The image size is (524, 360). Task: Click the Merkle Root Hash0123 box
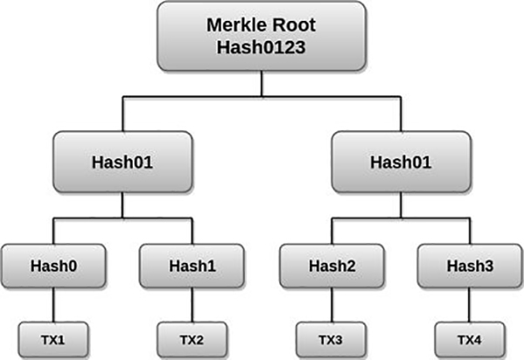click(262, 36)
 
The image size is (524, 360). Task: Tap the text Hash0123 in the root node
click(261, 47)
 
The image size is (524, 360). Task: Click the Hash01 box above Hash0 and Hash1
click(122, 162)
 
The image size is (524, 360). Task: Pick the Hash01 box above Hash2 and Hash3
click(401, 162)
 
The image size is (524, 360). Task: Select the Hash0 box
click(53, 267)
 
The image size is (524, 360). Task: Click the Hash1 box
click(192, 267)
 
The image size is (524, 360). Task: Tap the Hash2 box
click(332, 267)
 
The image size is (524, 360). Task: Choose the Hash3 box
click(470, 267)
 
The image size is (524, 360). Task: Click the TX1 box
click(53, 340)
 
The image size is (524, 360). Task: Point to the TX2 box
click(192, 340)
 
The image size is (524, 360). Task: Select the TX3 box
click(331, 340)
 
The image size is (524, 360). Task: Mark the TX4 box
click(470, 340)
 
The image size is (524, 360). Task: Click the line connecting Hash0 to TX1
click(53, 305)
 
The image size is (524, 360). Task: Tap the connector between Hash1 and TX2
click(192, 305)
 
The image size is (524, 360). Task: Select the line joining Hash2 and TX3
click(332, 305)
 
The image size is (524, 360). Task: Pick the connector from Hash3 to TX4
click(470, 305)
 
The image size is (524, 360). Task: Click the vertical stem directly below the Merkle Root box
click(262, 84)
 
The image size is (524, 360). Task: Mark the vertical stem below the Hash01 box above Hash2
click(401, 205)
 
